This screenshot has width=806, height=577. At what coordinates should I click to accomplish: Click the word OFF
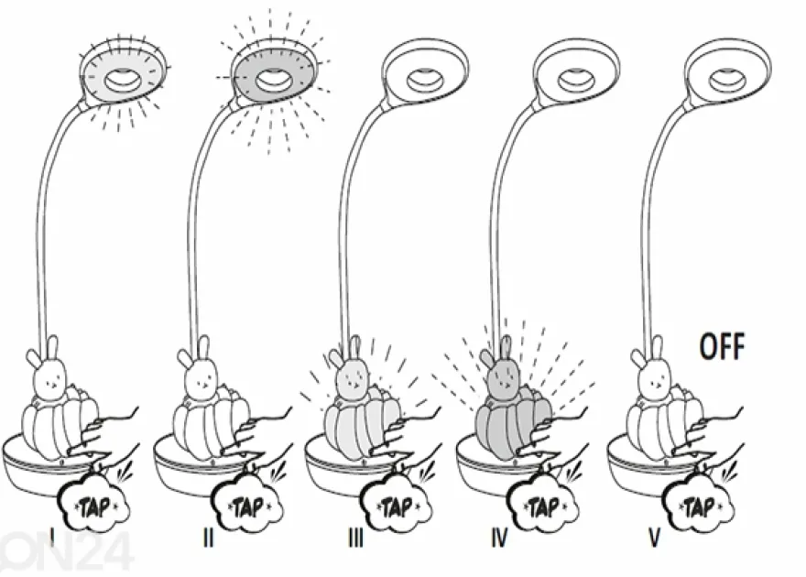click(x=723, y=346)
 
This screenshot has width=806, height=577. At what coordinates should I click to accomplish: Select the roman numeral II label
click(x=208, y=538)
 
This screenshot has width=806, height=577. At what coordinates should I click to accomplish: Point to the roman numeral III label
click(x=355, y=538)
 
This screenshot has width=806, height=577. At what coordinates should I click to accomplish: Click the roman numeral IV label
click(x=499, y=538)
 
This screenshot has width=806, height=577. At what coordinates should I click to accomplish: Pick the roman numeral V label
click(x=654, y=538)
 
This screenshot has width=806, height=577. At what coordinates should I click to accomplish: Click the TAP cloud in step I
click(x=95, y=505)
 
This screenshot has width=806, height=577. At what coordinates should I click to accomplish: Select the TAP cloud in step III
click(x=397, y=505)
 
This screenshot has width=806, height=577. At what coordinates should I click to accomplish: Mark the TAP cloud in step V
click(x=699, y=505)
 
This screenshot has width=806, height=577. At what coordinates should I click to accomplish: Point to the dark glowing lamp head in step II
click(x=276, y=73)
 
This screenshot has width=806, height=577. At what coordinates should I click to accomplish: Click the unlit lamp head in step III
click(x=426, y=73)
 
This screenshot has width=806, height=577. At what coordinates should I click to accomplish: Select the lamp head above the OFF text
click(x=728, y=73)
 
